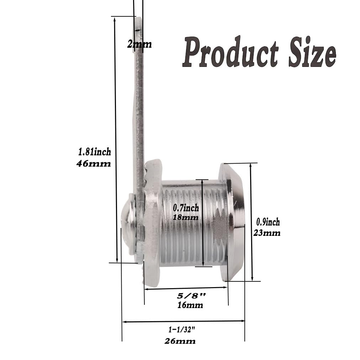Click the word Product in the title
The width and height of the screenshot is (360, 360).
coord(230,52)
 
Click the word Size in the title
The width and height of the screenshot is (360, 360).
coord(312,52)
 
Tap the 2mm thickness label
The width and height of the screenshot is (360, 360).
coord(139,44)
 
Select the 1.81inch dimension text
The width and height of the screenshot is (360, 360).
coord(95,152)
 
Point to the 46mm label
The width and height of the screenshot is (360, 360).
coord(94,164)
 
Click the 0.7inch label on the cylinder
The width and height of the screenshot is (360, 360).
coord(186,208)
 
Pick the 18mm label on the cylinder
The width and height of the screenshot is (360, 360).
coord(185,217)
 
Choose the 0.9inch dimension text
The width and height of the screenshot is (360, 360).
coord(268,222)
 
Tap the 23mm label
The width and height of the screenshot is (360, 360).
coord(267,233)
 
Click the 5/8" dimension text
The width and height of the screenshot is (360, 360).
coord(191,296)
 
